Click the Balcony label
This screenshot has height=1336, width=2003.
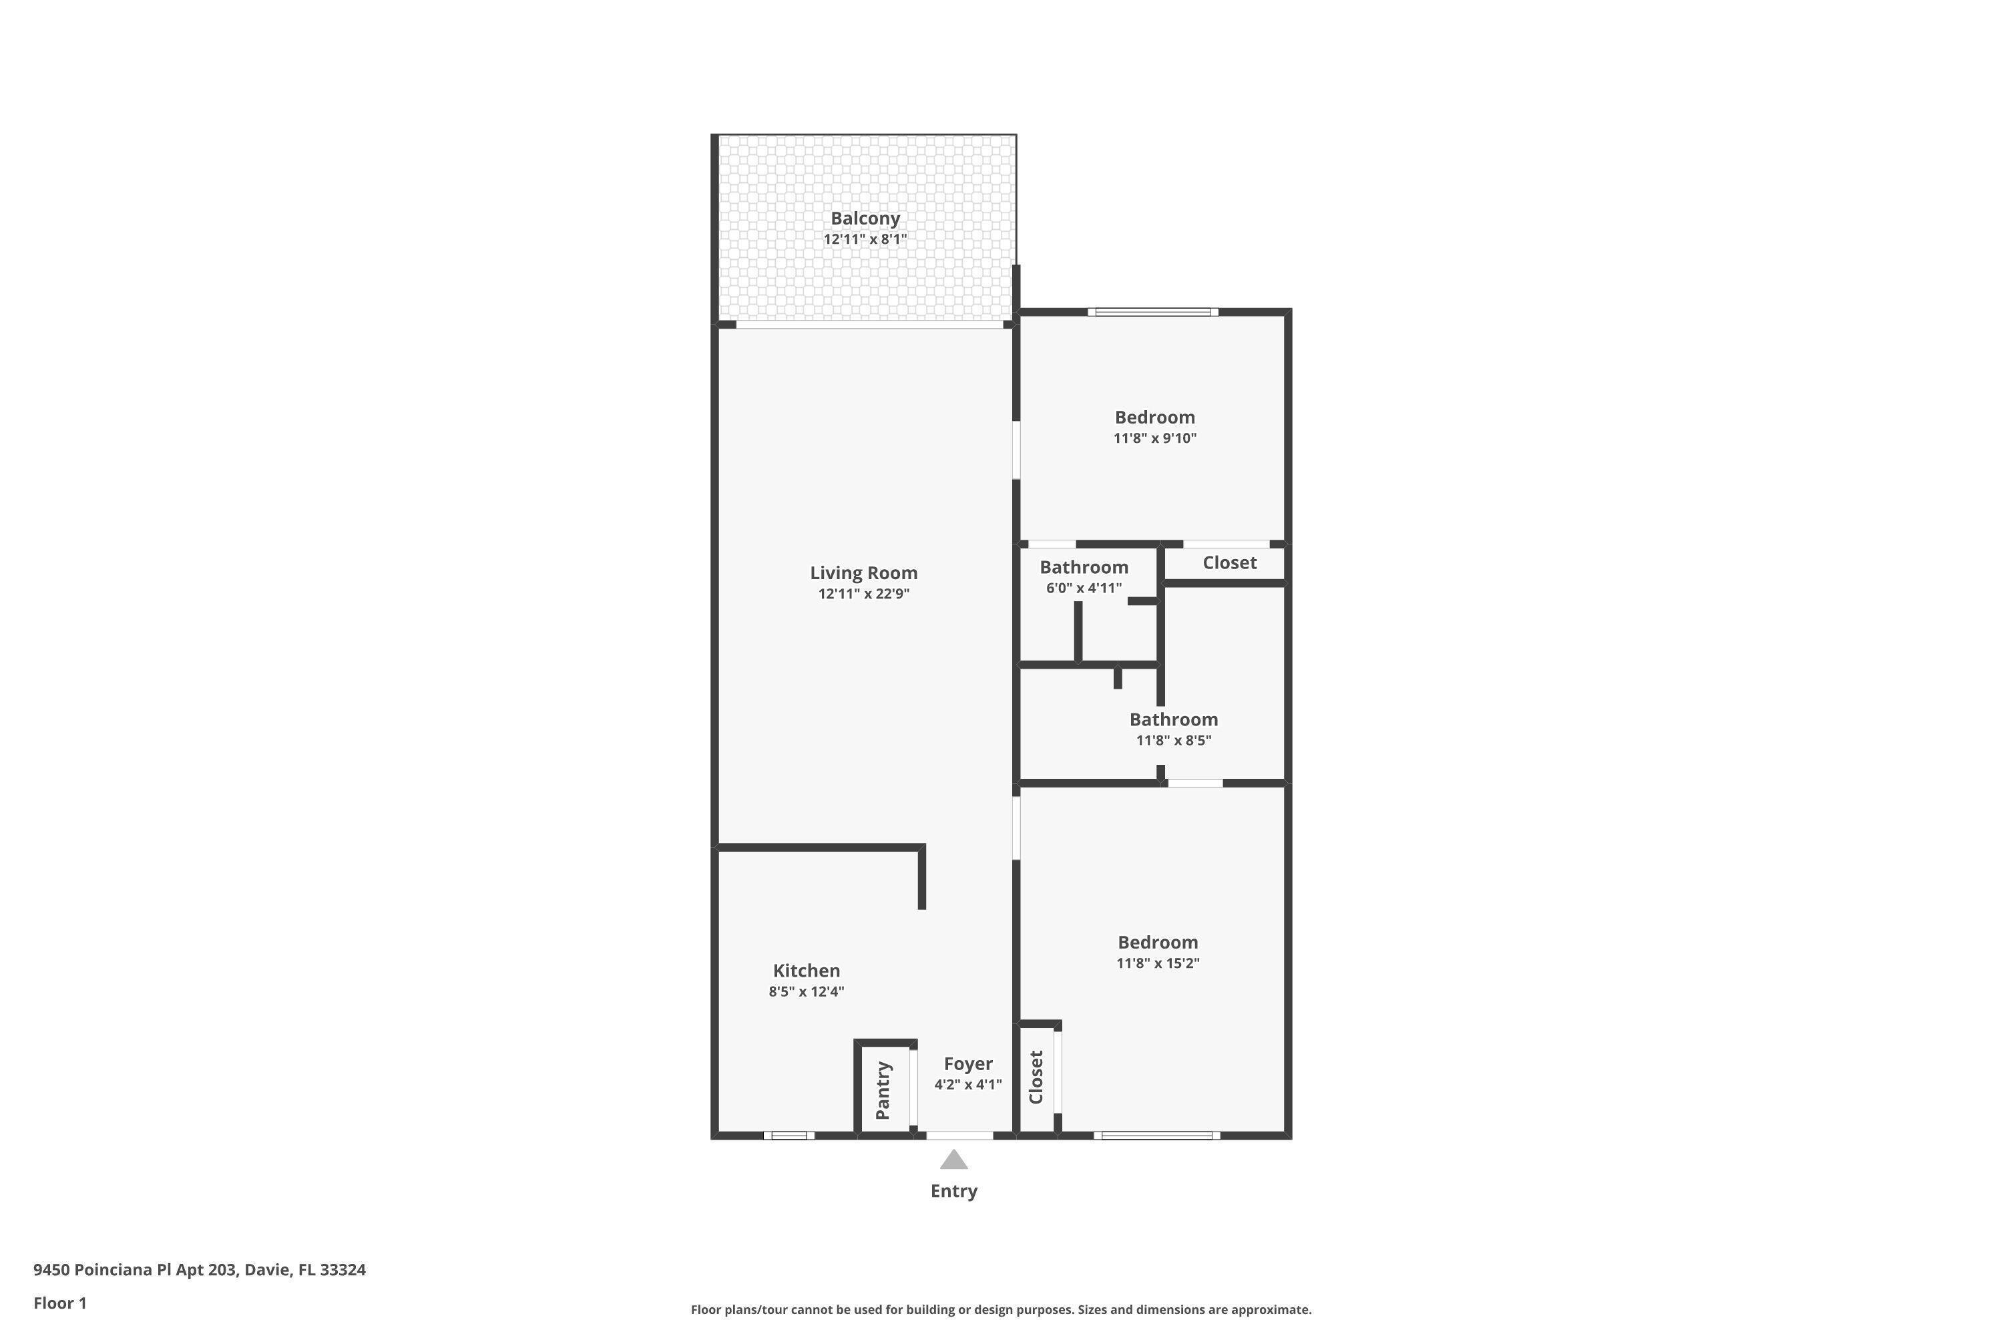[865, 218]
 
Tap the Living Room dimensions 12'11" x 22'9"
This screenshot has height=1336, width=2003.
[863, 594]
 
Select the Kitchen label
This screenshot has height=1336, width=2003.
[806, 971]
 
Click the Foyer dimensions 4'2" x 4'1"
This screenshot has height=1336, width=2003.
[967, 1085]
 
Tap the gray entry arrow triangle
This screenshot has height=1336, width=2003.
[954, 1160]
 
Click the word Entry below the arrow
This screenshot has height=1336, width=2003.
[954, 1191]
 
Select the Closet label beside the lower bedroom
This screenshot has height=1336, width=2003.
[1036, 1077]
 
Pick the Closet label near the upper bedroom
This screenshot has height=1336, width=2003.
[1229, 562]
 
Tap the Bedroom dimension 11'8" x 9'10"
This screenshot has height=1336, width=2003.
[1155, 439]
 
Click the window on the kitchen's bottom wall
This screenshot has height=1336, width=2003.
[789, 1135]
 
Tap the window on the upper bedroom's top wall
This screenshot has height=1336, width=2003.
[1153, 312]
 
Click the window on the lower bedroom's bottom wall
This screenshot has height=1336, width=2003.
[1156, 1135]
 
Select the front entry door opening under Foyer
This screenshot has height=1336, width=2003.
[959, 1135]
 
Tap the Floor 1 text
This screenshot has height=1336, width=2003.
[59, 1303]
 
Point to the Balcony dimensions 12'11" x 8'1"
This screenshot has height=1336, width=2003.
[865, 239]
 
